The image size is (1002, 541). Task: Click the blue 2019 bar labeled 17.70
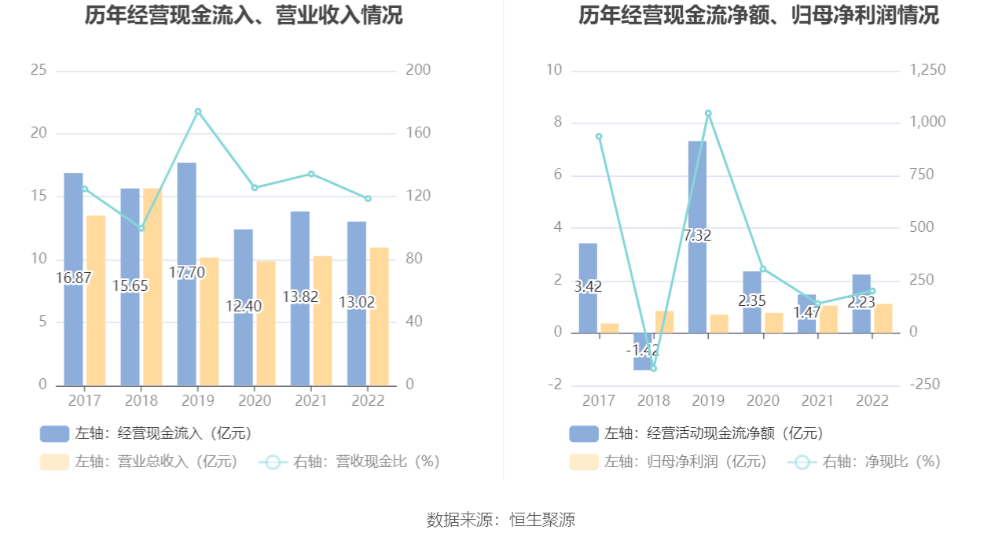(x=186, y=236)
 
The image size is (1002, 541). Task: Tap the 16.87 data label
(x=73, y=278)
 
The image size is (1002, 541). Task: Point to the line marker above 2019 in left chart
(x=198, y=112)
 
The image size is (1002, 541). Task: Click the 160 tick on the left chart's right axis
(x=418, y=133)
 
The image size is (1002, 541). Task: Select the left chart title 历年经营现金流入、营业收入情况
(x=244, y=15)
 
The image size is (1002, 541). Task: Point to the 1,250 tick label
(x=927, y=70)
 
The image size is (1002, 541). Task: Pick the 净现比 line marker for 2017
(x=599, y=136)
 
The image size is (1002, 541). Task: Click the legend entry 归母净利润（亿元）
(x=669, y=462)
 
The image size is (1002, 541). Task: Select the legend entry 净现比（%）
(x=864, y=462)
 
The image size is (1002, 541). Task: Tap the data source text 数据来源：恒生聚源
(x=501, y=520)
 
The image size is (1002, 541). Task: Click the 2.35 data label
(x=752, y=300)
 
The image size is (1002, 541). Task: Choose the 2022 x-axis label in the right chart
(x=872, y=400)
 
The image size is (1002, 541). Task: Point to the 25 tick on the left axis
(x=39, y=70)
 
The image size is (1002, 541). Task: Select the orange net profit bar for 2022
(x=883, y=318)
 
